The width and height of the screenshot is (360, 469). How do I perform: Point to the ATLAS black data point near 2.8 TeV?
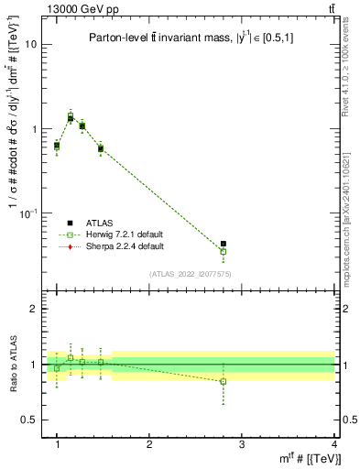[224, 244]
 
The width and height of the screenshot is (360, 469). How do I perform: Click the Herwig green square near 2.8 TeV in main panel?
[224, 251]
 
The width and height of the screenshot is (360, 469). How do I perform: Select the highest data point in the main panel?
[71, 116]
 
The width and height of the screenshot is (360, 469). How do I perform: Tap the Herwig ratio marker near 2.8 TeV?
[224, 381]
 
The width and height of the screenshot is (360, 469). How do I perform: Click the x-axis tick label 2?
[149, 444]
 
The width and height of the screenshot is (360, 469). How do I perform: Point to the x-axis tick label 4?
[334, 444]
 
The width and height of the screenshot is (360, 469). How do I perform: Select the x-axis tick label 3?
[242, 444]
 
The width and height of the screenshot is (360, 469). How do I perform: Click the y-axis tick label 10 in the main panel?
[32, 44]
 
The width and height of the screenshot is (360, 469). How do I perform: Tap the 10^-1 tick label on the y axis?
[29, 213]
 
